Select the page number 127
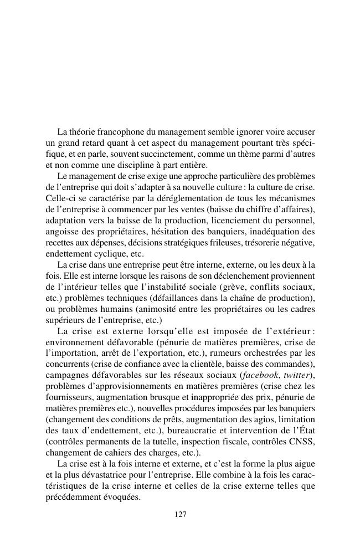[180, 515]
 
